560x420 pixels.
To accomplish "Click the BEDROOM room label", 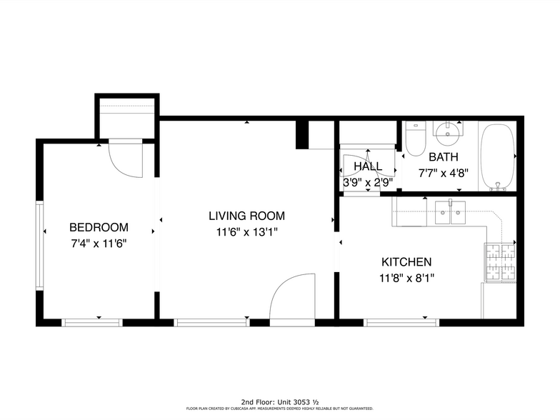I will (99, 227).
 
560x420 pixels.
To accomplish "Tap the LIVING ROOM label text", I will (246, 215).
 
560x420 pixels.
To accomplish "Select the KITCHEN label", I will (406, 262).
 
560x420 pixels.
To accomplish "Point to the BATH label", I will (444, 156).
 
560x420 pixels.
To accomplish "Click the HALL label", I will (368, 166).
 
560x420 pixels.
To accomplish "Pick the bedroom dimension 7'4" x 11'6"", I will (99, 244).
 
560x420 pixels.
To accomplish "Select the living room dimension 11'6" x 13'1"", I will (246, 231).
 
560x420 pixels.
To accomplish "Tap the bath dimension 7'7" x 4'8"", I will (444, 172).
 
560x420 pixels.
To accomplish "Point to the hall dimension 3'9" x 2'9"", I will (368, 182).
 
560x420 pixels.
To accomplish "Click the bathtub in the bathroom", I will (497, 157).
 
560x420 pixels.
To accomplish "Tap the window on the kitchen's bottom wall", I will (402, 322).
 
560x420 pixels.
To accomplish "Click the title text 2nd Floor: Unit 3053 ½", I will (279, 402).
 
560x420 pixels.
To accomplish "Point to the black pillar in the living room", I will (302, 135).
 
